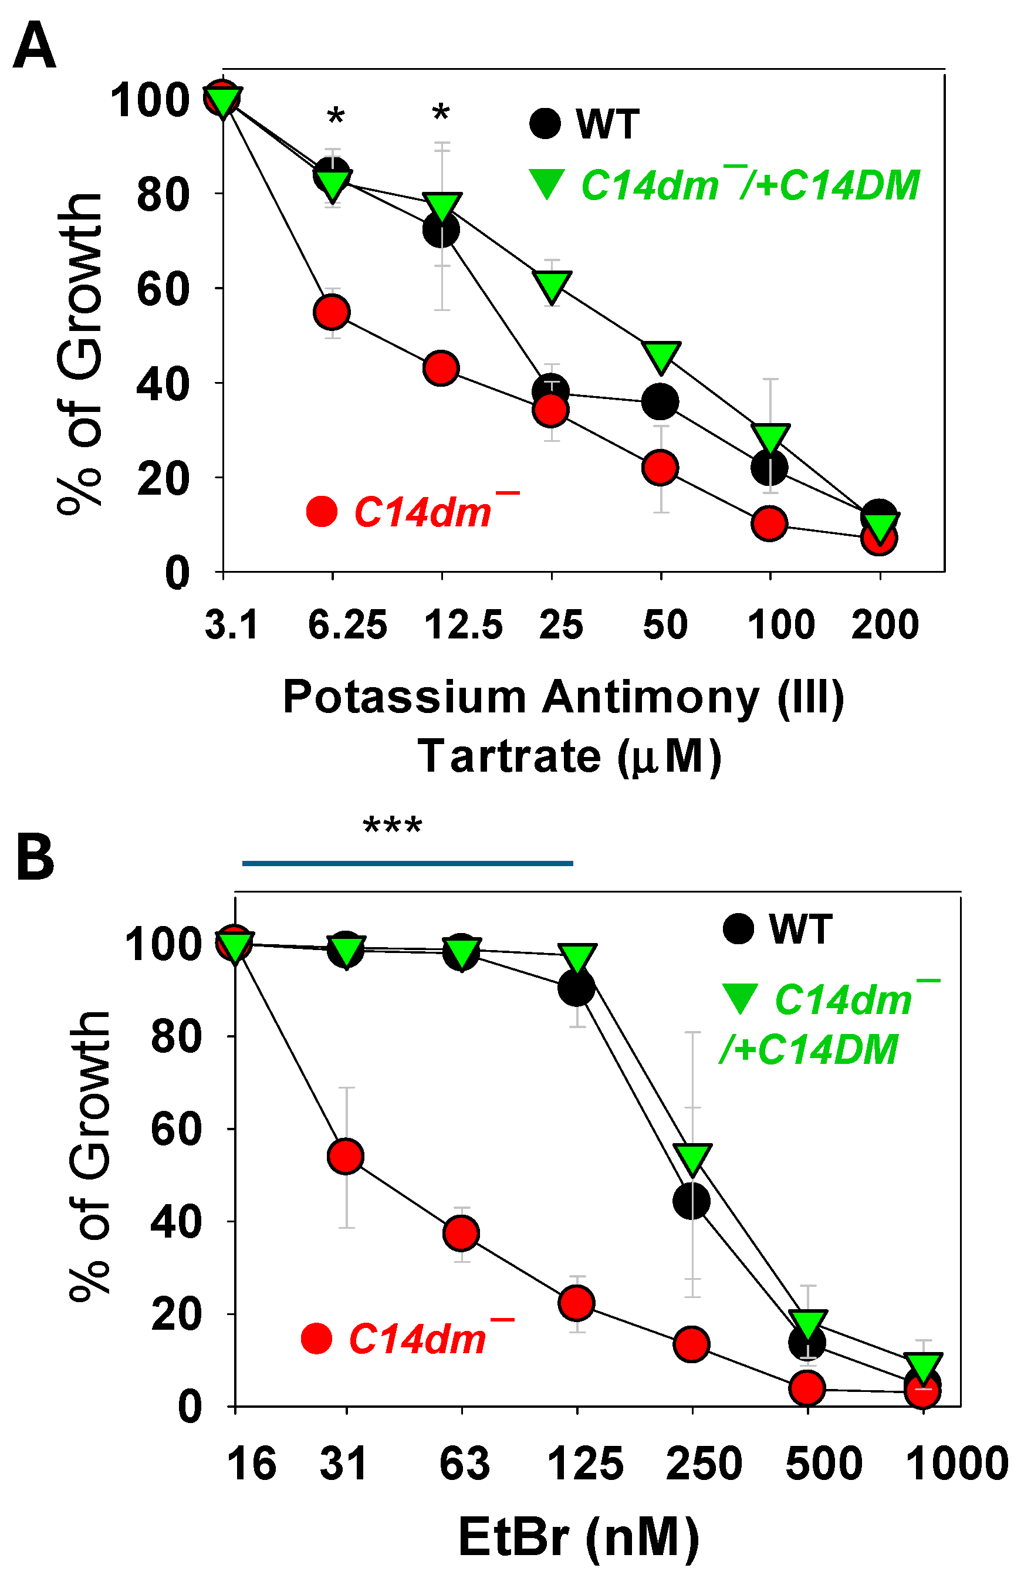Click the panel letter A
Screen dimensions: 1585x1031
[35, 45]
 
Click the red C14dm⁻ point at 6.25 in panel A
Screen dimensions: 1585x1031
[332, 312]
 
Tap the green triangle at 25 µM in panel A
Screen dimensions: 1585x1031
[552, 285]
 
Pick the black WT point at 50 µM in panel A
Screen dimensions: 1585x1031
[660, 401]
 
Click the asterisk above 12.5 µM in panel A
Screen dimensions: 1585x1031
[441, 113]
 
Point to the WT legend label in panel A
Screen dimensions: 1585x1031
[607, 124]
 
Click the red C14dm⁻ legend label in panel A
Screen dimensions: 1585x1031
[436, 512]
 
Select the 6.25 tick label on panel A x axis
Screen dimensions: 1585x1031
[347, 626]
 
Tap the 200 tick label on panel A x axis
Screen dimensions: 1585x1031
[884, 626]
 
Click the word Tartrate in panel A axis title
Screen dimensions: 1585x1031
[509, 756]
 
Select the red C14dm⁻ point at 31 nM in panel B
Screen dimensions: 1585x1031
[346, 1156]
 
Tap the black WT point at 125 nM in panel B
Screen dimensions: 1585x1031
[576, 988]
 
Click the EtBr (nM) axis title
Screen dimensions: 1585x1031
[578, 1539]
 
